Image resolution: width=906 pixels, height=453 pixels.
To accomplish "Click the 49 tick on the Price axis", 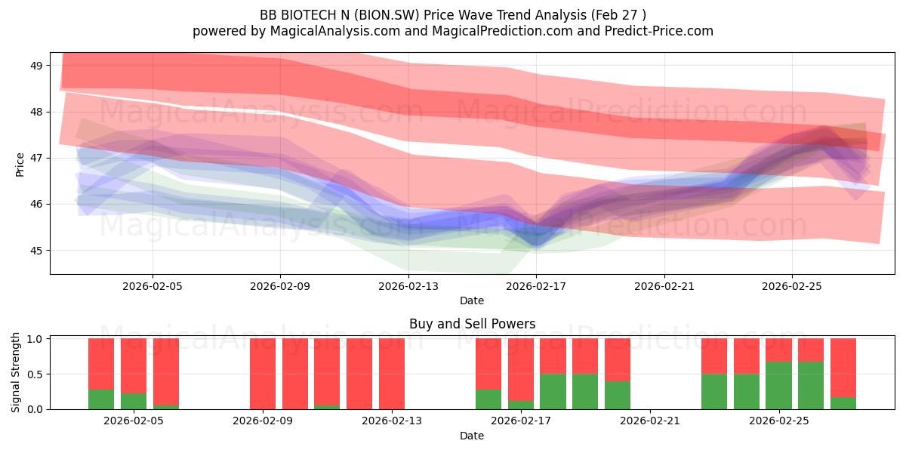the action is point(36,66).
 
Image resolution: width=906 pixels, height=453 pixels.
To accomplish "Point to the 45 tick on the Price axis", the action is point(36,251).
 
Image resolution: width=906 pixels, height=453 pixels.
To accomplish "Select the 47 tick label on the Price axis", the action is point(36,158).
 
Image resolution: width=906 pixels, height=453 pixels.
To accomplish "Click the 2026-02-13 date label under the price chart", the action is point(408,286).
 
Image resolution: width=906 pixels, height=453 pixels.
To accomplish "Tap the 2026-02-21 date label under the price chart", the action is point(664,286).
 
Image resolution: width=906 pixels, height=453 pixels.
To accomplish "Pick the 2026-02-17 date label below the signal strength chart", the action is point(521,421).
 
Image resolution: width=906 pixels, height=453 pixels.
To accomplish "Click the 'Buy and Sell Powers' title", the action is point(472,324).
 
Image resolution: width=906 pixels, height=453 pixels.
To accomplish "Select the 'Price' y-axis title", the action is point(20,165).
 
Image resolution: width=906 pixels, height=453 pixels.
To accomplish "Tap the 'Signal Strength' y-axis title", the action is point(15,372).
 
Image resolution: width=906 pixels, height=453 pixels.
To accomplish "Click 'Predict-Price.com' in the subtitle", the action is point(659,31).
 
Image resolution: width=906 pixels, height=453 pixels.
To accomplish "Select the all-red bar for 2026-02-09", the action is point(263,374).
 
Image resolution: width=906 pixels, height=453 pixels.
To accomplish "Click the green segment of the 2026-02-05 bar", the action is point(134,401).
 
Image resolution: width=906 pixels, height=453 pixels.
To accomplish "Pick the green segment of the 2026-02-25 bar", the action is point(778,386).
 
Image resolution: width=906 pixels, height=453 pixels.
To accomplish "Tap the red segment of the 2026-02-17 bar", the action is point(520,370).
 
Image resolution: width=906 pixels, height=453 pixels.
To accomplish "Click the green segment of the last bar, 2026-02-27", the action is point(843,403).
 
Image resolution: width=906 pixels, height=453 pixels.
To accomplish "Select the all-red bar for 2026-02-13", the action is point(392,374).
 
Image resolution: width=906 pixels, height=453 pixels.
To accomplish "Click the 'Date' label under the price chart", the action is point(472,300).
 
